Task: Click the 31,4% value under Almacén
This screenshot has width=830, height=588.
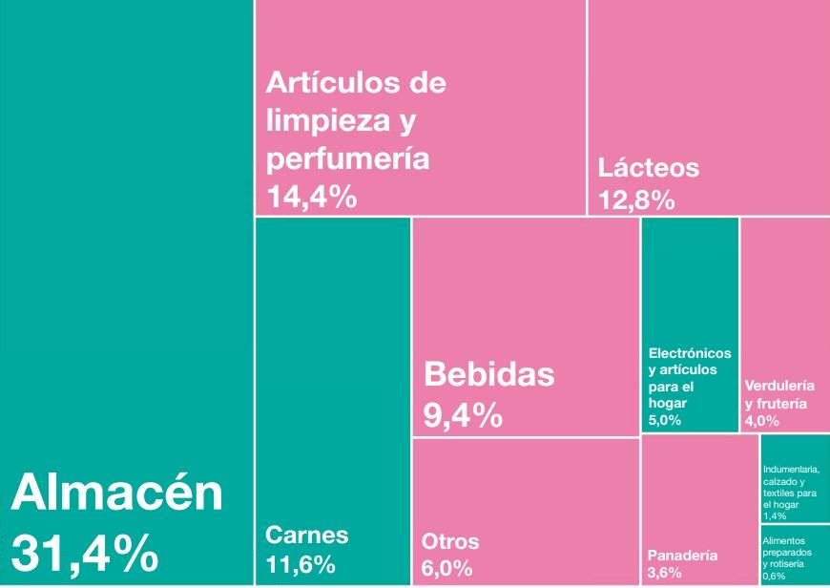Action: point(85,553)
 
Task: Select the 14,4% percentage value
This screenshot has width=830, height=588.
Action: point(312,198)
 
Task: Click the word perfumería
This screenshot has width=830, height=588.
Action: point(347,158)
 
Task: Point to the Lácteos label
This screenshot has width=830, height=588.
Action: point(649,168)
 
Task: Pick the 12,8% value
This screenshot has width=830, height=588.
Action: point(636,199)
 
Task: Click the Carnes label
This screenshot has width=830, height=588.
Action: point(307,535)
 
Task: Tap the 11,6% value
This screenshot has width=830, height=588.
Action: point(301,564)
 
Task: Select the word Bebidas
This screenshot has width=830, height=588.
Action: point(488,373)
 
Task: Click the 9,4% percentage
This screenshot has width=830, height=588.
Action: point(463,415)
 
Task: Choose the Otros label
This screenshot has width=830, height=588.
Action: point(450,542)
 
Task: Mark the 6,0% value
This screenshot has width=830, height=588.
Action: point(447,568)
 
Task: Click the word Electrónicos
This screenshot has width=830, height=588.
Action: point(690,354)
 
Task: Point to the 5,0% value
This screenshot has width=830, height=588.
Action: point(665,420)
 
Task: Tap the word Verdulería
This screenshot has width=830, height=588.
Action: point(779,386)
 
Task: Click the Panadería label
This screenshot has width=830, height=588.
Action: point(682,556)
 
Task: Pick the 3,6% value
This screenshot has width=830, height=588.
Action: point(664,573)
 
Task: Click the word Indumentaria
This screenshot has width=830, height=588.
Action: point(791,469)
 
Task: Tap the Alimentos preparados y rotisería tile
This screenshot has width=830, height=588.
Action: point(795,554)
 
